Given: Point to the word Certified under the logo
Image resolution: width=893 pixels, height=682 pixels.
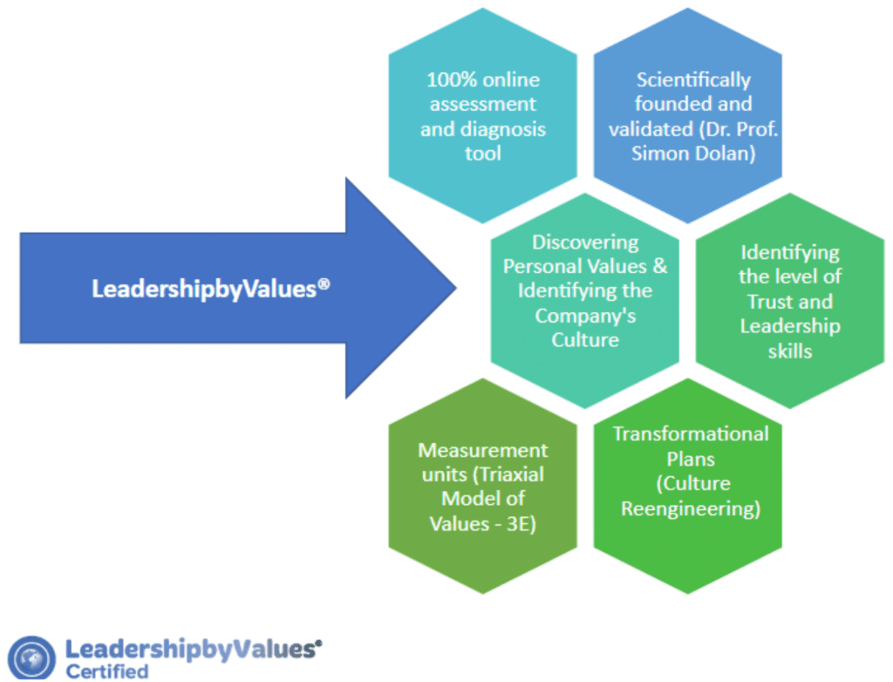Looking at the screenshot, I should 107,672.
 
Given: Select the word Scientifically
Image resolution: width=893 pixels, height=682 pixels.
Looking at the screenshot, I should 693,80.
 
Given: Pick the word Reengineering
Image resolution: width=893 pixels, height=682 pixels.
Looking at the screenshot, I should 690,508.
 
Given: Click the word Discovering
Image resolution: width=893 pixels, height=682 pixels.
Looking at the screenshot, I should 585,242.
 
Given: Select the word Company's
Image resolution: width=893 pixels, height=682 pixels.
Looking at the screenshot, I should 585,316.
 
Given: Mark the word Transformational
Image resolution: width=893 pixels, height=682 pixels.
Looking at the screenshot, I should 690,433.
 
